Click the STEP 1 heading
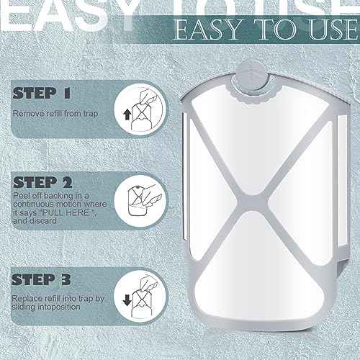click(x=41, y=93)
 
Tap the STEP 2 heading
click(x=42, y=182)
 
